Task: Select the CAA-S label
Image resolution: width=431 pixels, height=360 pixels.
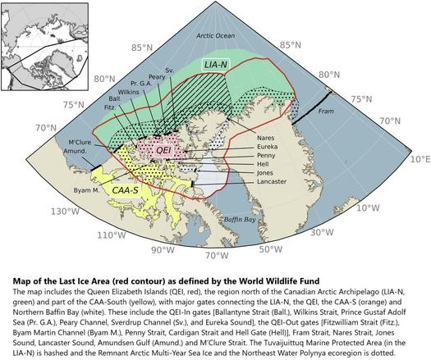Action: tap(130, 190)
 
